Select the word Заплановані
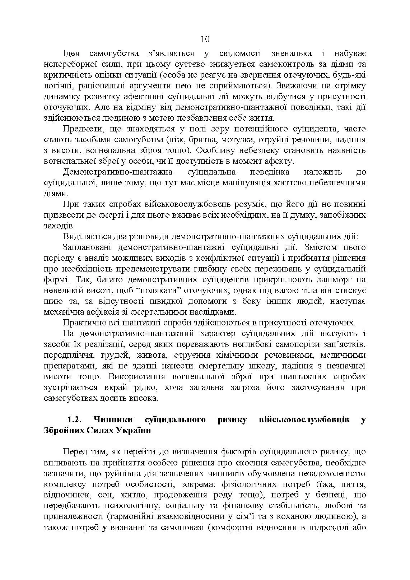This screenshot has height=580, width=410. coord(87,247)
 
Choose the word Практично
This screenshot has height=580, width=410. coord(84,323)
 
